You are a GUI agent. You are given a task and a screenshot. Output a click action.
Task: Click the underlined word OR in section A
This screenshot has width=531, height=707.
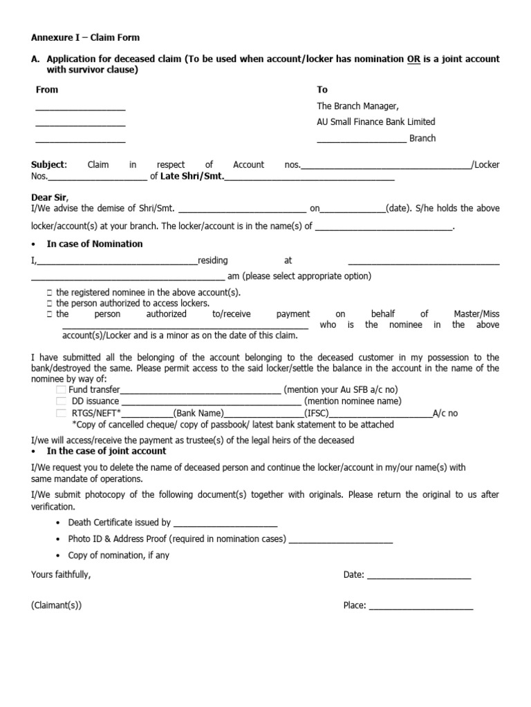pyautogui.click(x=413, y=59)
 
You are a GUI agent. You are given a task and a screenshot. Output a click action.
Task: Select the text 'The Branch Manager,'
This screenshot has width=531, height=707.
pyautogui.click(x=357, y=106)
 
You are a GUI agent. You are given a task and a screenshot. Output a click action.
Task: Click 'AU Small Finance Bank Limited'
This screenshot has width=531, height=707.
pyautogui.click(x=375, y=122)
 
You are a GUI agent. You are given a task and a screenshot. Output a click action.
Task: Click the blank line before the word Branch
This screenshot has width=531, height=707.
pyautogui.click(x=361, y=139)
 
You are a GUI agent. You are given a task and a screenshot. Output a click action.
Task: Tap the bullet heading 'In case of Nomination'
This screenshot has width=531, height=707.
pyautogui.click(x=95, y=244)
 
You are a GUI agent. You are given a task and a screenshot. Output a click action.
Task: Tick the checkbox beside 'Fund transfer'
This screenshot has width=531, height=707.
pyautogui.click(x=61, y=390)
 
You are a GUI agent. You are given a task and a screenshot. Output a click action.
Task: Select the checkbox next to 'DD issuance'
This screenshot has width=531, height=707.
pyautogui.click(x=61, y=401)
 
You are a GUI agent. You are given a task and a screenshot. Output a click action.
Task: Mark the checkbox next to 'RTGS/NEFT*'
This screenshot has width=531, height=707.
pyautogui.click(x=61, y=413)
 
